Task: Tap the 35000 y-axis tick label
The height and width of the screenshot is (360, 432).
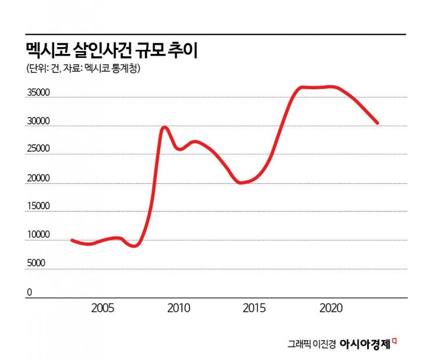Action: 39,93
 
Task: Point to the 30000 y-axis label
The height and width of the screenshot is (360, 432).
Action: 39,122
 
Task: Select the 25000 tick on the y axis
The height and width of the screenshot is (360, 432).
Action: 39,149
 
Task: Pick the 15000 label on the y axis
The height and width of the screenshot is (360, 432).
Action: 39,206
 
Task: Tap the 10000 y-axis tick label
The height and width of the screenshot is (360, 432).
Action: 39,235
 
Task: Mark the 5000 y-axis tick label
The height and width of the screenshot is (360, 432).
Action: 37,263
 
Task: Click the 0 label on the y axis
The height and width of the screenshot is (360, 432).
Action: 29,292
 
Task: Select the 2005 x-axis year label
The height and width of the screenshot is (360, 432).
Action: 103,307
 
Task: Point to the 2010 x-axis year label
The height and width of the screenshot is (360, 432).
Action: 178,307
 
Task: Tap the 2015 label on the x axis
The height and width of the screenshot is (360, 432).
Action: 255,307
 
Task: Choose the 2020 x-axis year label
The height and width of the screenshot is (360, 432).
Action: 331,307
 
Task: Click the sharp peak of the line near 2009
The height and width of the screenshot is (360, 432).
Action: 164,127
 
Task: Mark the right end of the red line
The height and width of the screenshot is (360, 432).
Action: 377,123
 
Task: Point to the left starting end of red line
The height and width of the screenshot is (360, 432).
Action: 72,239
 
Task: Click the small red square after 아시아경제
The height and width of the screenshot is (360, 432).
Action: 394,340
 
